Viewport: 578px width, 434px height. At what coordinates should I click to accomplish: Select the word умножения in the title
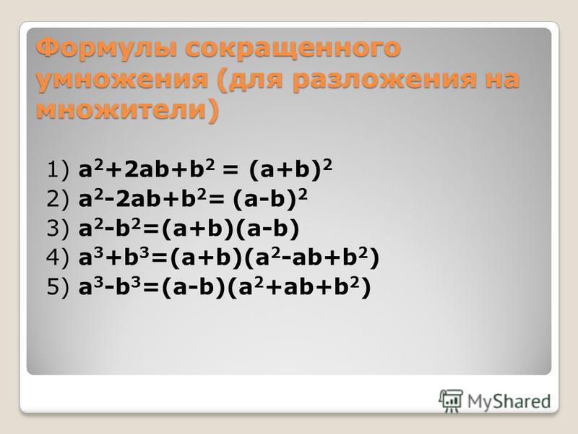(x=121, y=79)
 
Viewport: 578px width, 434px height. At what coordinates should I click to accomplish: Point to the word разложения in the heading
(x=384, y=80)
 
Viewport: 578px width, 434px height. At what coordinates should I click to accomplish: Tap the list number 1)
(x=58, y=171)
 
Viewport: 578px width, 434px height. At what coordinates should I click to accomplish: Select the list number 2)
(x=58, y=200)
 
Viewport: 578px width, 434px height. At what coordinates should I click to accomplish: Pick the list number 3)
(x=58, y=229)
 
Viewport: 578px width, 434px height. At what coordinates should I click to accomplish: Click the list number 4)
(x=58, y=258)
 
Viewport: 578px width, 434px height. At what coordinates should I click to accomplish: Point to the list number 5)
(x=58, y=287)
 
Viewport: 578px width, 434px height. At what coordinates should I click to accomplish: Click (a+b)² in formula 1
(x=290, y=170)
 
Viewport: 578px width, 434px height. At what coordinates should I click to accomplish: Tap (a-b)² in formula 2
(x=270, y=200)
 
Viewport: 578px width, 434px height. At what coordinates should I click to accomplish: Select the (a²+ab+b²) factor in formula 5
(x=299, y=287)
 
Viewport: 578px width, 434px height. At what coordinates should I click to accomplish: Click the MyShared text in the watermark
(x=509, y=402)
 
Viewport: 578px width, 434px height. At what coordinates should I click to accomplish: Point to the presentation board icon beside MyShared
(x=451, y=401)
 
